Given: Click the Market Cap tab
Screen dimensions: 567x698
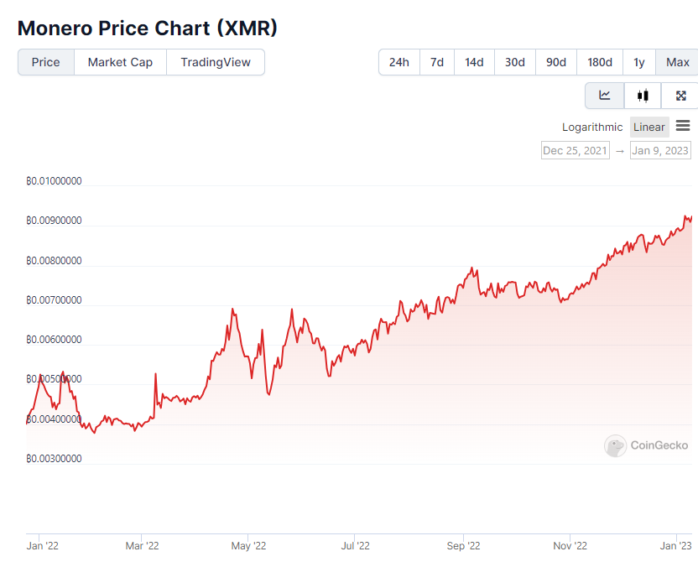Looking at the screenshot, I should tap(120, 62).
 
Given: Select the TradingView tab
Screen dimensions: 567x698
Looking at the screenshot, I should tap(216, 62).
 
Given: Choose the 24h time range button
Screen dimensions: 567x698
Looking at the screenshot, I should tap(399, 62).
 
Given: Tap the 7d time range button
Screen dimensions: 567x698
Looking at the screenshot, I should tap(437, 62).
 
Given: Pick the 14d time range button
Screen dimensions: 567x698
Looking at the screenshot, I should tap(474, 62).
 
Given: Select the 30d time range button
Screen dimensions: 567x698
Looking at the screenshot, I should tap(514, 62).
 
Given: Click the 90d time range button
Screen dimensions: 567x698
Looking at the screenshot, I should tap(555, 62).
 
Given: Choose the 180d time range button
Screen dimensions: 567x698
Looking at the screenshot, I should tap(600, 62).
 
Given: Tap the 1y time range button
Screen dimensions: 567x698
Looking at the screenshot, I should tap(639, 62).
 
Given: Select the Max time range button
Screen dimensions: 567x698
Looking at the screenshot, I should tap(677, 62).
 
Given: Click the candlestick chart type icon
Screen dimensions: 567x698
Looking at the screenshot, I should tap(643, 96).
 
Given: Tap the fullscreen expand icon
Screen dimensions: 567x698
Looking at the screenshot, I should tap(680, 96).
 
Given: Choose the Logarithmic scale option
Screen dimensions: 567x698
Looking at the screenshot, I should tap(592, 127).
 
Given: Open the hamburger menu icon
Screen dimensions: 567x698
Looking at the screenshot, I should tap(683, 126).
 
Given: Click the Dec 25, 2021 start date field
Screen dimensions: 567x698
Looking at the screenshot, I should tap(576, 150).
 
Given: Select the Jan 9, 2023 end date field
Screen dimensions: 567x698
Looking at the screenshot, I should tap(660, 150).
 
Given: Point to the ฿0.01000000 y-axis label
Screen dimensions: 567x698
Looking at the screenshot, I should tap(54, 181).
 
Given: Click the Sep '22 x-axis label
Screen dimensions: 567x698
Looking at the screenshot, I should tap(462, 546).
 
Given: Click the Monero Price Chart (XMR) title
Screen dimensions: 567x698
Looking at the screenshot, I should tap(148, 28).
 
